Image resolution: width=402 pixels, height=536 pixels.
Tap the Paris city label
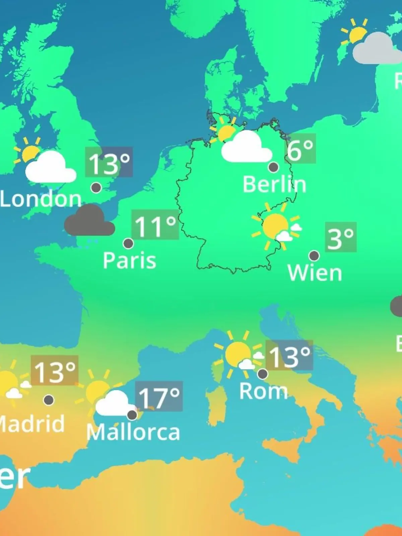pos(129,260)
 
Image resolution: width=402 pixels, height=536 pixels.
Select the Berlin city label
pos(274,184)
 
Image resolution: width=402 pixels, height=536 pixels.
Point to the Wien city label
pos(315,273)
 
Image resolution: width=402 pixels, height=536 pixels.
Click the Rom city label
pos(263,391)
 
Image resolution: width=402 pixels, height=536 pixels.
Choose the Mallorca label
pos(133,432)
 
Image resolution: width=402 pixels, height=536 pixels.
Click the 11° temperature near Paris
pos(155,225)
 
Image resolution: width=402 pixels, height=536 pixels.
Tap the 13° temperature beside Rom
pos(289,355)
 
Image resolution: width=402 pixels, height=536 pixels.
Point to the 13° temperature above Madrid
pos(55,371)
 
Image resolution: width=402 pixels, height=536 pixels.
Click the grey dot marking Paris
pos(128,243)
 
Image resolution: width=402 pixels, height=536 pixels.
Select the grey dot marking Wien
pos(314,256)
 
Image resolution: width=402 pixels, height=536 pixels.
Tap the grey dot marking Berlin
pos(274,167)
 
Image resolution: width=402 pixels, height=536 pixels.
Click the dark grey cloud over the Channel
pos(89,221)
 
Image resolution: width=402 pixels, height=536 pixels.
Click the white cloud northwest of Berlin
pos(247,148)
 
